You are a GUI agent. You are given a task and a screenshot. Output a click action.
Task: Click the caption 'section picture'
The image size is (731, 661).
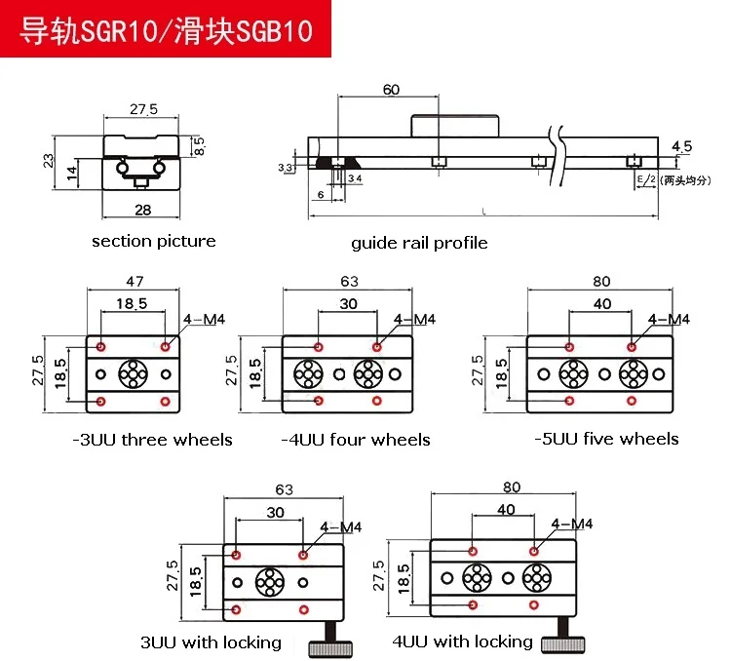(x=154, y=241)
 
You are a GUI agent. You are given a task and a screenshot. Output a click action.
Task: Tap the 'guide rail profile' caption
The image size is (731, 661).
(x=419, y=243)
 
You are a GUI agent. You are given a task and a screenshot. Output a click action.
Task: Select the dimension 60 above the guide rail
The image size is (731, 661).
(x=391, y=90)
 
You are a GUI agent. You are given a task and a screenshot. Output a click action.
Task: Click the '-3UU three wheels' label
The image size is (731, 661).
(x=153, y=440)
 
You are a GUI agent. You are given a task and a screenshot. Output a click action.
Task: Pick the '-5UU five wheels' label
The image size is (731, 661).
(x=606, y=439)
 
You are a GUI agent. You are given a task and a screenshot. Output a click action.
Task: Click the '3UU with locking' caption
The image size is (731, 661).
(x=211, y=642)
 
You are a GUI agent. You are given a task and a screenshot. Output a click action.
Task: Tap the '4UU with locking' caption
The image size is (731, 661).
(x=462, y=642)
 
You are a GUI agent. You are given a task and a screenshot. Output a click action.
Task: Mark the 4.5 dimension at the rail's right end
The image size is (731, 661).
(x=681, y=146)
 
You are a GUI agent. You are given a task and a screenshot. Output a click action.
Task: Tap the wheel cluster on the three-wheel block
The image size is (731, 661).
(x=133, y=373)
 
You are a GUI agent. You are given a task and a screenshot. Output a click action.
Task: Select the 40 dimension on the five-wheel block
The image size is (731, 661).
(x=601, y=304)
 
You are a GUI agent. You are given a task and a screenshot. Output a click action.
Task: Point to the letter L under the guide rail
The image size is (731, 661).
(x=483, y=213)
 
